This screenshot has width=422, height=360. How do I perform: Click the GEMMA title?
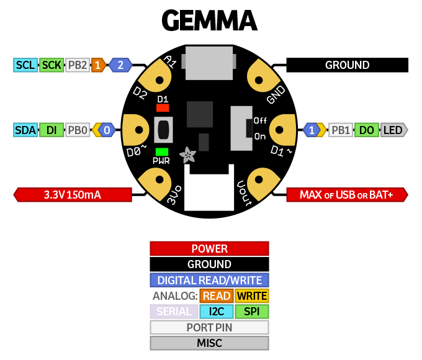click(x=209, y=20)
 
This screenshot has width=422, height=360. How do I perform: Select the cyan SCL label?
click(x=25, y=65)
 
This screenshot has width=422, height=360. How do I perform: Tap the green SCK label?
click(x=52, y=65)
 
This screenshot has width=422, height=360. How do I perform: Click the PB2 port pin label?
click(x=78, y=65)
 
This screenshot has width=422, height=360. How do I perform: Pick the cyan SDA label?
click(x=25, y=130)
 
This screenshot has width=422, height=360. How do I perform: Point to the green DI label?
click(x=52, y=130)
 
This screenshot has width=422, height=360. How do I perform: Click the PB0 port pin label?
click(x=78, y=130)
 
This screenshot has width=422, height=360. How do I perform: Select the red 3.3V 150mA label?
click(x=73, y=195)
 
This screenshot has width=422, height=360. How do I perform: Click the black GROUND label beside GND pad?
click(x=347, y=65)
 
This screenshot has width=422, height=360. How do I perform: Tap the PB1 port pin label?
click(x=341, y=130)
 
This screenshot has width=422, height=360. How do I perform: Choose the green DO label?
click(x=367, y=130)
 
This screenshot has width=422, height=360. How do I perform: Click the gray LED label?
click(x=393, y=130)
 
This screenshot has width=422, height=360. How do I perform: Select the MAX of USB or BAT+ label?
click(x=347, y=195)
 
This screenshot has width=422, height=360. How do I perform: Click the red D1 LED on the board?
click(x=163, y=107)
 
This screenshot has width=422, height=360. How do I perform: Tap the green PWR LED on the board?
click(x=163, y=151)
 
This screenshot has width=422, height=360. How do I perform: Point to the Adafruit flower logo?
click(x=187, y=153)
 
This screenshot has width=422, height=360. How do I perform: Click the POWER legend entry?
click(x=209, y=249)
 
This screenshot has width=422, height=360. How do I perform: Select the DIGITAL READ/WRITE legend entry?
click(x=209, y=280)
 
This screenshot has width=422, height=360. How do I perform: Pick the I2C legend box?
click(x=217, y=311)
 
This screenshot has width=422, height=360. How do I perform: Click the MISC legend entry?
click(x=209, y=343)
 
